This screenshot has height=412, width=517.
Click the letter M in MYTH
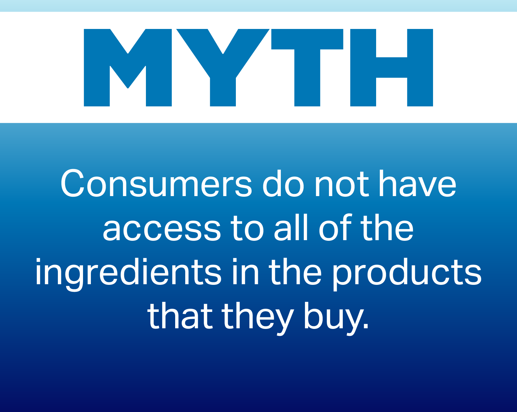[128, 68]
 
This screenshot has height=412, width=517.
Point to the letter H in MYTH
[392, 68]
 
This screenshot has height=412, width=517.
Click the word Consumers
[156, 184]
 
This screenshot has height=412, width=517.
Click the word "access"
[162, 229]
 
